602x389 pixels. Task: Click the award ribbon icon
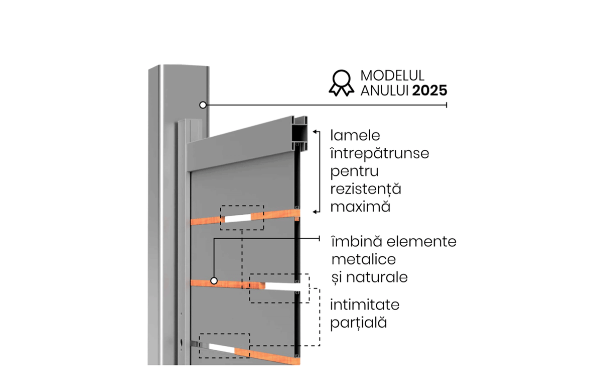click(x=341, y=83)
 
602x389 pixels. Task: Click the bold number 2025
click(x=429, y=90)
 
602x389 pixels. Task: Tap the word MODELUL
click(x=392, y=76)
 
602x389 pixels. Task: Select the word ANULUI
click(x=384, y=90)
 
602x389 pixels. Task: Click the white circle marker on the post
click(x=203, y=105)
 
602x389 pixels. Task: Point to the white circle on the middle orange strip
click(x=214, y=281)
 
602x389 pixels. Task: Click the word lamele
click(x=355, y=135)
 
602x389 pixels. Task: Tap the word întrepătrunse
click(x=379, y=153)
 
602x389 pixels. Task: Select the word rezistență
click(x=366, y=189)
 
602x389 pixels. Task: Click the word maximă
click(x=360, y=207)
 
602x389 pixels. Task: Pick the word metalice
click(x=364, y=259)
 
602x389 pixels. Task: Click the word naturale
click(x=377, y=277)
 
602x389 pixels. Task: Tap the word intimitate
click(x=365, y=305)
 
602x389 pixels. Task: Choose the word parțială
click(x=358, y=323)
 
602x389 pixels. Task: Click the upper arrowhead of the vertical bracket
click(x=315, y=132)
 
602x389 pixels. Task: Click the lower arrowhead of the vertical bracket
click(x=315, y=212)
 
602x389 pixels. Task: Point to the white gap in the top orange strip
click(x=238, y=218)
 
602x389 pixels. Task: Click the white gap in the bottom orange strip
click(x=222, y=347)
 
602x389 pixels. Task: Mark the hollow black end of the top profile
click(x=300, y=133)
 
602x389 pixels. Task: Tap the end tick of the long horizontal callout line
click(x=446, y=105)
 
